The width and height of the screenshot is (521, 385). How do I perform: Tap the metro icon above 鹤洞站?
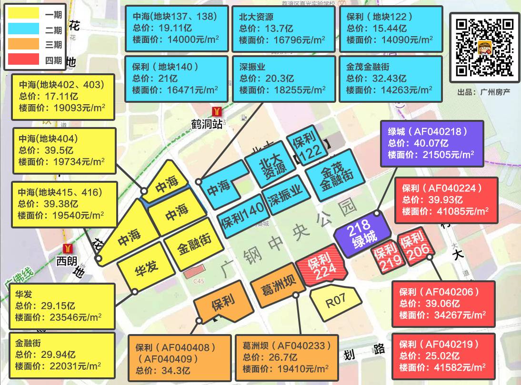tap(218, 111)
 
